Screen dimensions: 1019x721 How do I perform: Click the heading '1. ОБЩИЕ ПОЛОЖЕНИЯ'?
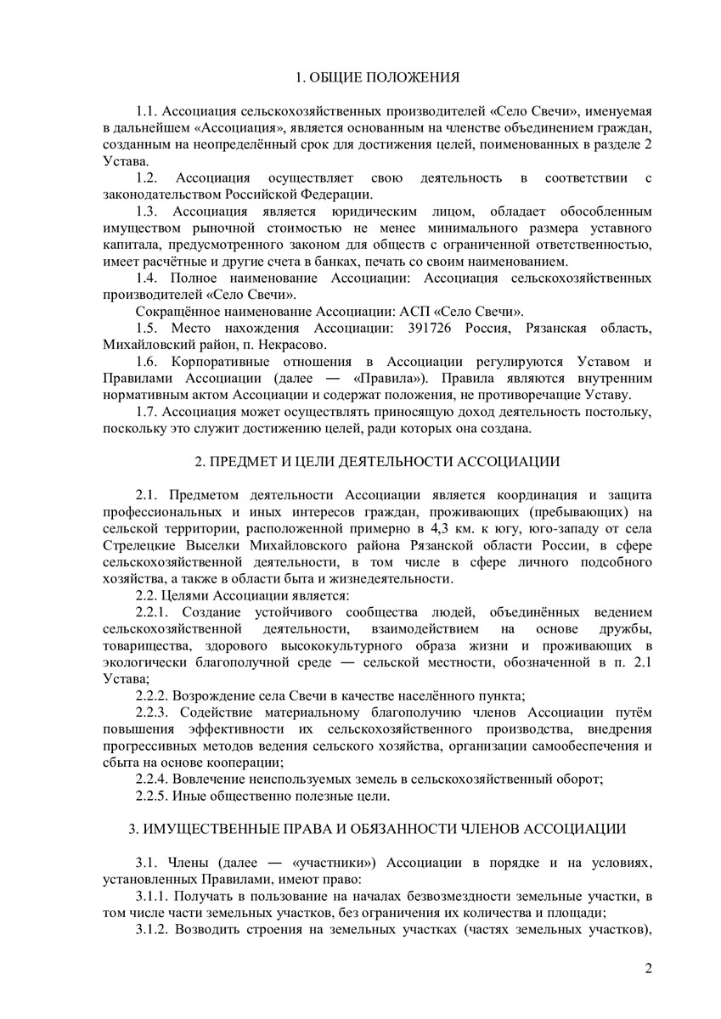(377, 78)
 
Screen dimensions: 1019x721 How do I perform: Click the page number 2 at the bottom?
(648, 967)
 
